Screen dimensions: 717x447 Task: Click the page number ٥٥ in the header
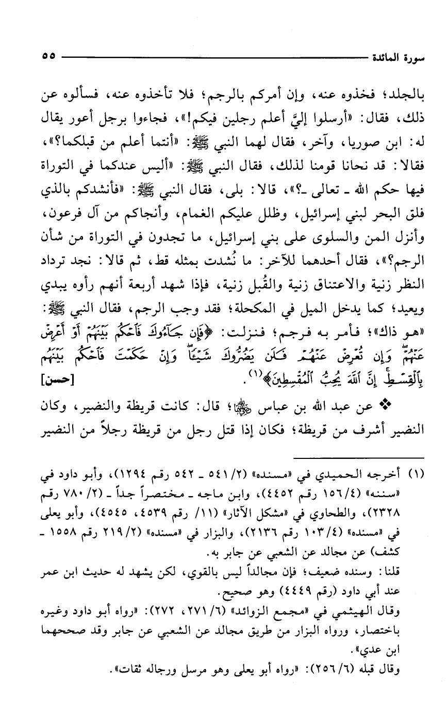point(47,54)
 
